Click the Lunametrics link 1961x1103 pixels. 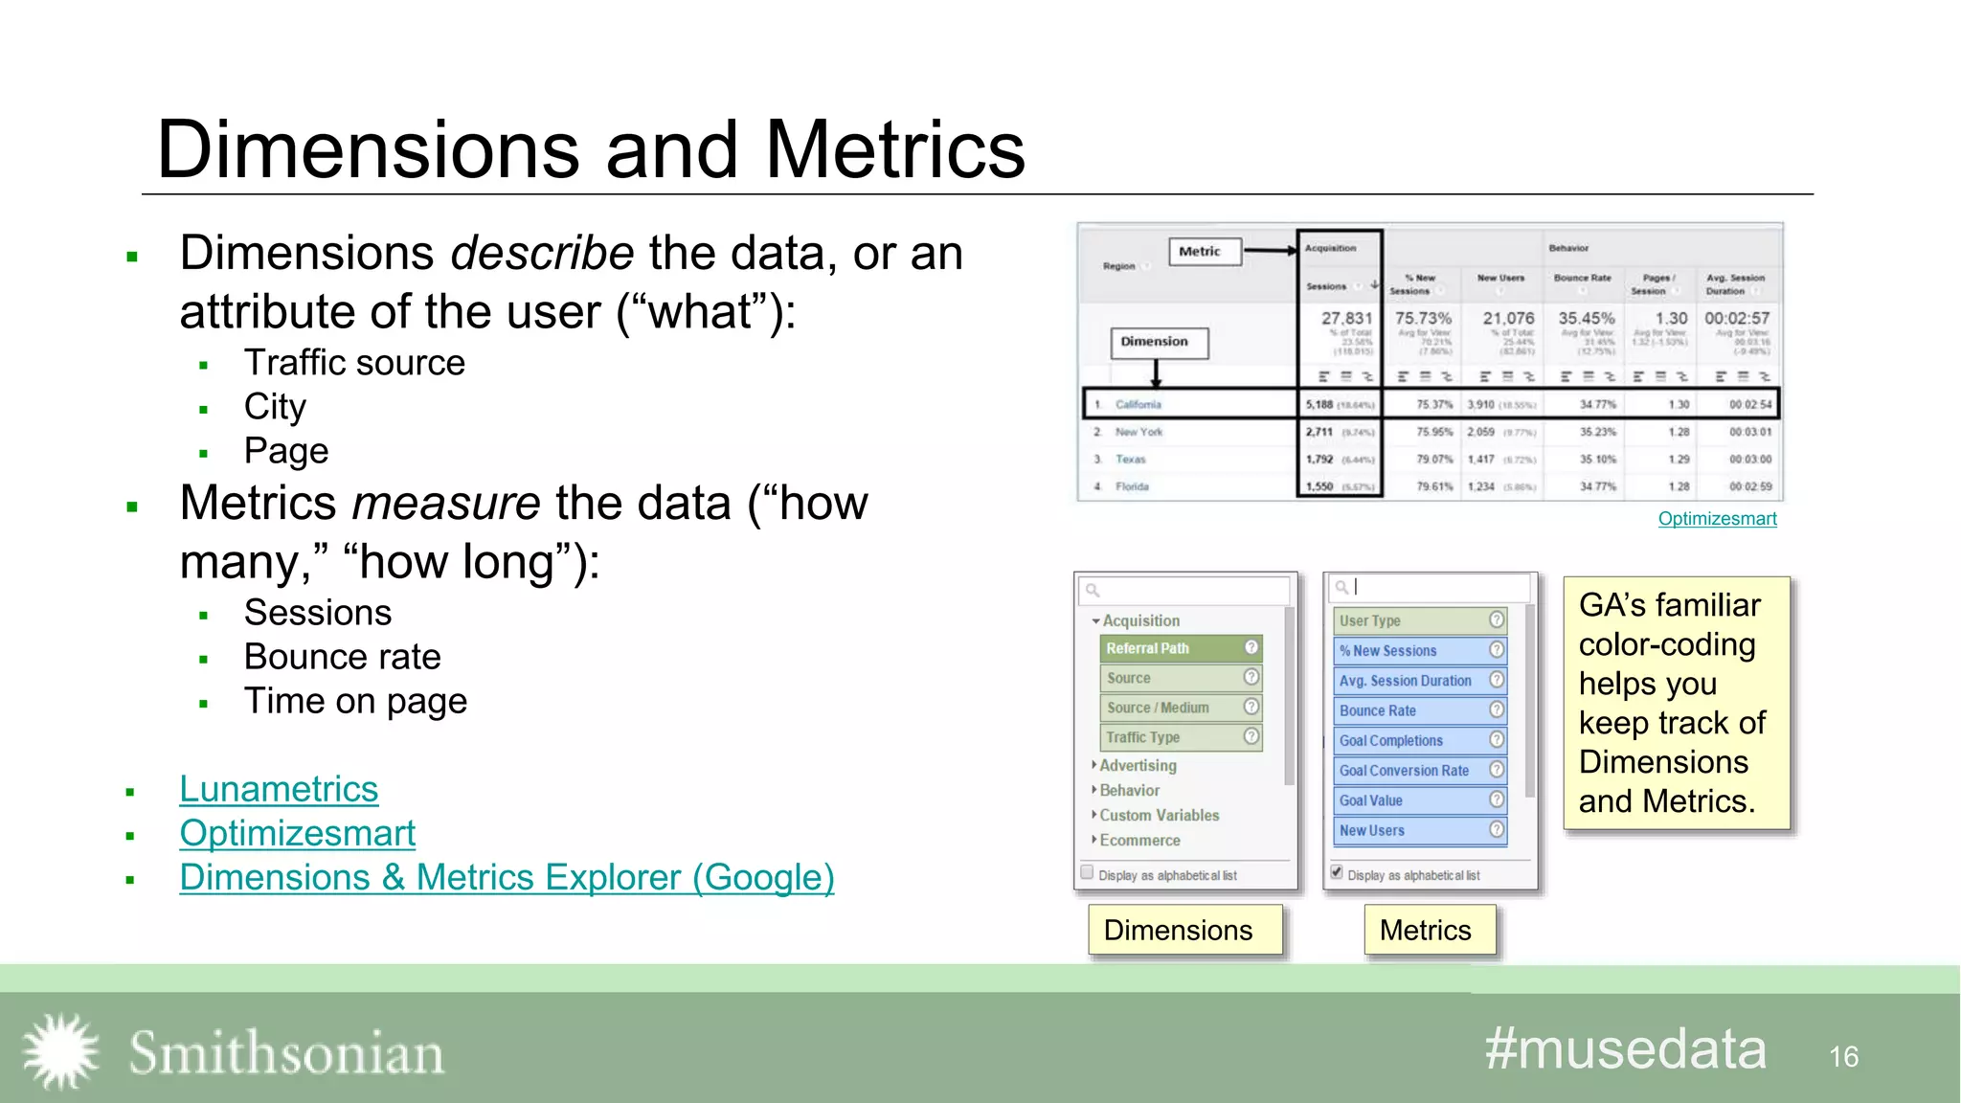(279, 790)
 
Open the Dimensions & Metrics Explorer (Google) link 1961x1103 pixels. (507, 878)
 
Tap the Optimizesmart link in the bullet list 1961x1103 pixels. (297, 834)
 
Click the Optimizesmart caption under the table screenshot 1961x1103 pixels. (1717, 519)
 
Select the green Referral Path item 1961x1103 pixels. (1181, 648)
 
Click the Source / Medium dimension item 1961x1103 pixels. (1181, 708)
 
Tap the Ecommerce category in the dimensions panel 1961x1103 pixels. (1139, 841)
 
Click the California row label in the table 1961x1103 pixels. (1138, 404)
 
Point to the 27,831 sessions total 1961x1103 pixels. (1346, 318)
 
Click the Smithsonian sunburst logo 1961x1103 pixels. (60, 1051)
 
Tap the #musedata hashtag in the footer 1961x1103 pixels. (1625, 1049)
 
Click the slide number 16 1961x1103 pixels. (1843, 1057)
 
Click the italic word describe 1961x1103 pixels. (542, 254)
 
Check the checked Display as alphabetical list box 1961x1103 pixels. (1337, 872)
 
